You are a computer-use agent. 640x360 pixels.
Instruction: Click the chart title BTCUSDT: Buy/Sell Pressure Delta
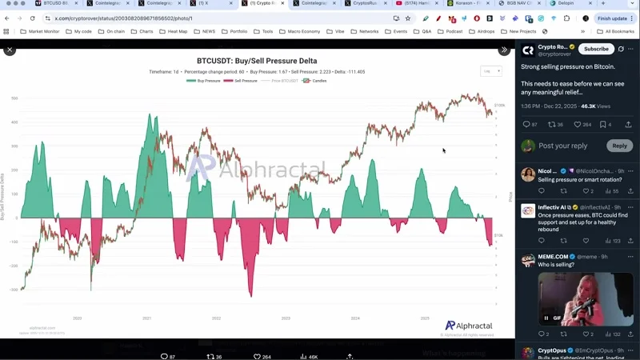256,61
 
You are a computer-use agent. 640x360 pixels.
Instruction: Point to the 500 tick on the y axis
14,98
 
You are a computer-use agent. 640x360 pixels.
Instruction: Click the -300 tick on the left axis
14,290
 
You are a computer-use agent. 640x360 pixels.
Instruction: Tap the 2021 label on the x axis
147,318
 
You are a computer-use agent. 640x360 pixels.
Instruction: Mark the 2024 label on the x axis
355,318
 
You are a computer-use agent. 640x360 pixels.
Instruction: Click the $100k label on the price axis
499,105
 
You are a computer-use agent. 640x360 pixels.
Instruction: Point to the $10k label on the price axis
498,235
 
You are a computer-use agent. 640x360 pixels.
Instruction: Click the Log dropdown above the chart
490,71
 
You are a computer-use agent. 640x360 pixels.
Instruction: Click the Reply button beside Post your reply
619,146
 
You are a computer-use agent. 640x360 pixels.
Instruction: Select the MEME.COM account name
554,257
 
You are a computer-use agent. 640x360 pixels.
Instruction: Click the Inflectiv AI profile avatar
528,210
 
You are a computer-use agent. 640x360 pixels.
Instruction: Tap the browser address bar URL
123,18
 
